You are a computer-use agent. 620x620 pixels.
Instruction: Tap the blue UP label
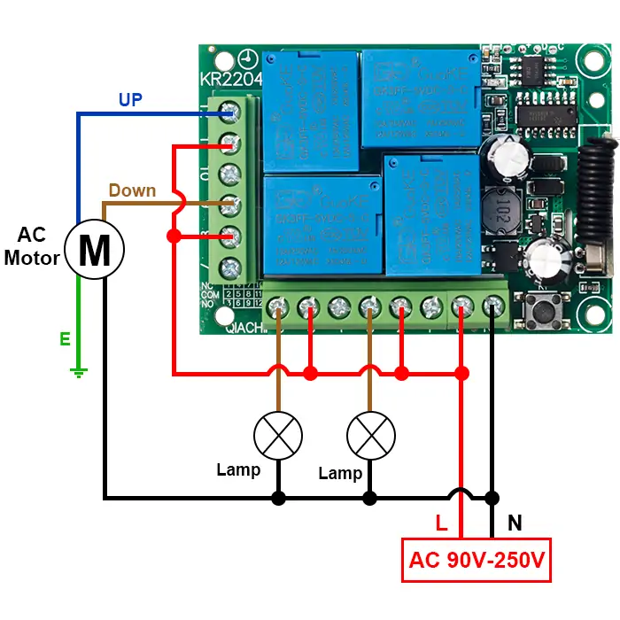(130, 100)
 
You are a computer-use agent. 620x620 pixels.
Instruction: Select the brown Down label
(132, 190)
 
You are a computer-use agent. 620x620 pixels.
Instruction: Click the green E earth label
(65, 339)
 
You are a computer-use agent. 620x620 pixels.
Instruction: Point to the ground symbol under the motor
(79, 372)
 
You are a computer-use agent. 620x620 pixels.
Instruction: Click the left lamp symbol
(278, 436)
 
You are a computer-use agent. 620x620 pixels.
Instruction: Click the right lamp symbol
(370, 436)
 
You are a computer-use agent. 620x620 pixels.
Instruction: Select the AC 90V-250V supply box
(477, 560)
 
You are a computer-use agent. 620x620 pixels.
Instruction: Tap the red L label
(441, 523)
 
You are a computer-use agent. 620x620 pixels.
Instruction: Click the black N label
(515, 523)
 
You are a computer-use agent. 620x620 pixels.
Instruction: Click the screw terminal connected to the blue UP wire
(232, 112)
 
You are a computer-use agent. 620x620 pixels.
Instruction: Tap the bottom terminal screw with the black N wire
(492, 307)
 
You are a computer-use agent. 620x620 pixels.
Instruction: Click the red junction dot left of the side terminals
(174, 236)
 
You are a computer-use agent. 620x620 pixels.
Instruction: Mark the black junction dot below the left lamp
(278, 498)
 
